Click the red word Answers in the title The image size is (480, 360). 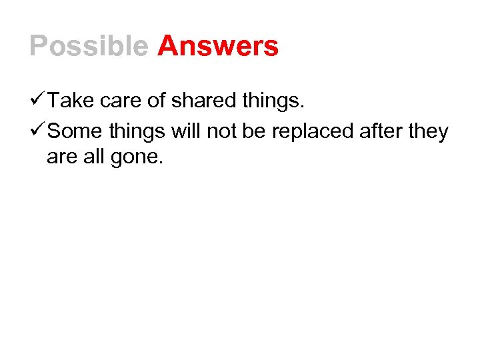coord(218,46)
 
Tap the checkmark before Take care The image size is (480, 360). coord(37,101)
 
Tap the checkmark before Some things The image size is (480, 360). coord(37,131)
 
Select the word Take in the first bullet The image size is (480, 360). coord(70,101)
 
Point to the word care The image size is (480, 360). coord(120,101)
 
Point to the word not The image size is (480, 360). coord(221,131)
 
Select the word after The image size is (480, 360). coord(381,131)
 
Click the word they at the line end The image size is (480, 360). coord(428,132)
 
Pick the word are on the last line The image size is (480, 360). coord(62,159)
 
